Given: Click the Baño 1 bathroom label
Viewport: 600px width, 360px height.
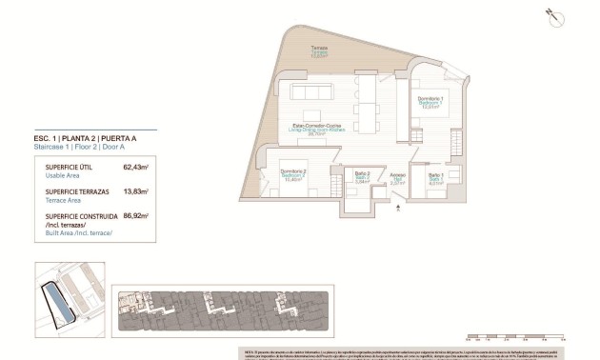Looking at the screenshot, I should tap(434, 176).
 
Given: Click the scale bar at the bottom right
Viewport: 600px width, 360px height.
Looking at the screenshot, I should tap(514, 335).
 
